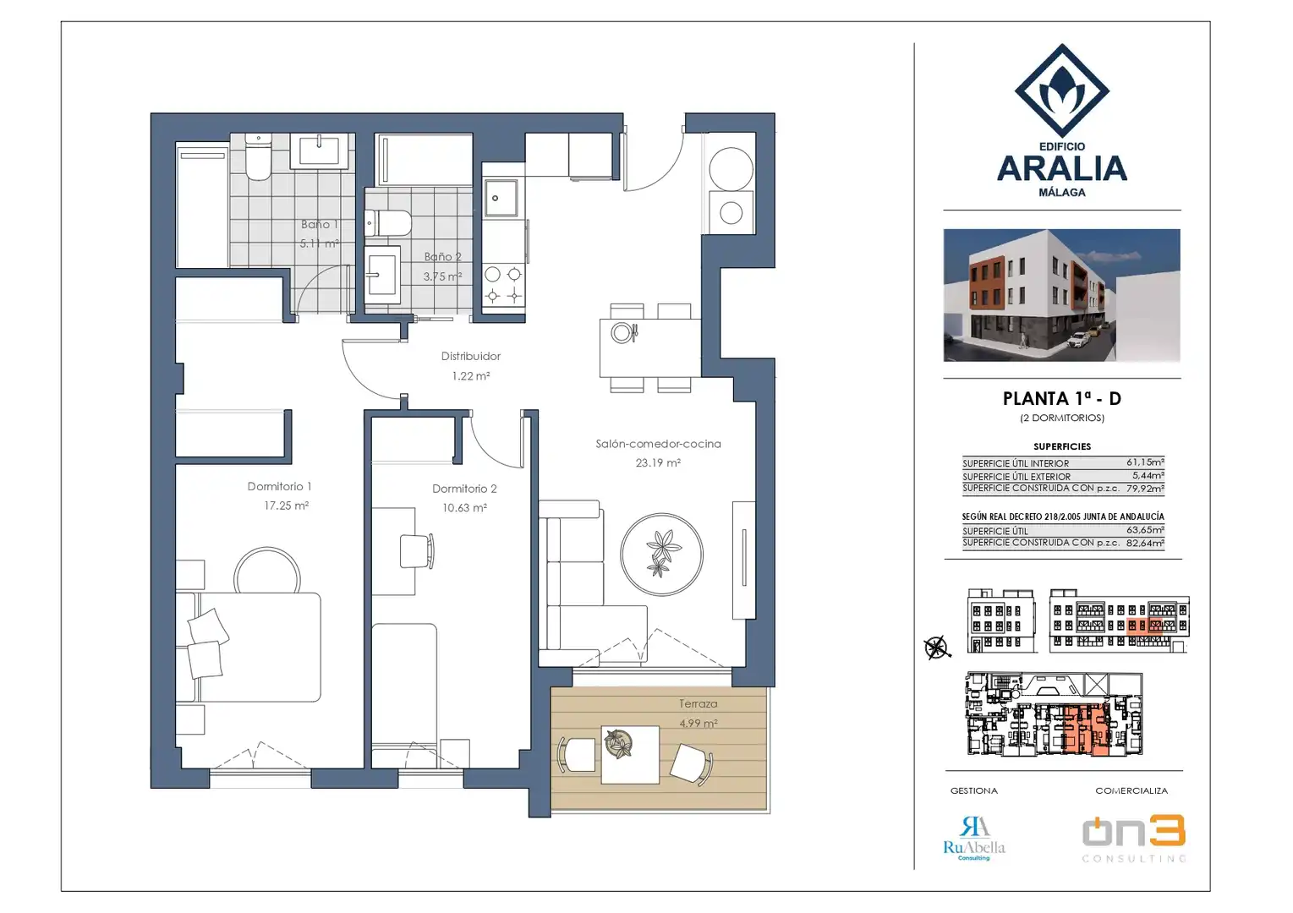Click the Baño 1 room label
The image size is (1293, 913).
click(319, 225)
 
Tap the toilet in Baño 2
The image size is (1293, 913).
click(388, 223)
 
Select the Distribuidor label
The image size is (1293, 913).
click(470, 356)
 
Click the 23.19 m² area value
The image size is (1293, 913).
click(658, 463)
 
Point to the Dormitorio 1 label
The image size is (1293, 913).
click(279, 486)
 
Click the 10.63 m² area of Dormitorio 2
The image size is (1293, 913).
click(464, 508)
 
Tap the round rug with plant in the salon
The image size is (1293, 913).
click(661, 555)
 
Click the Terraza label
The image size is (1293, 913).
click(698, 703)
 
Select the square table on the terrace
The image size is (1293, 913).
click(630, 754)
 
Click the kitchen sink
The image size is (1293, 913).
click(501, 198)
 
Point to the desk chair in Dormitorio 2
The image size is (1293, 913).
click(417, 551)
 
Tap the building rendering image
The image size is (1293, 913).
click(1061, 295)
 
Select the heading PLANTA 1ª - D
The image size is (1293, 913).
click(1061, 398)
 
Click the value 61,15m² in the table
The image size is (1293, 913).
click(1145, 462)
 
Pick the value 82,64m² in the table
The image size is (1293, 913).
click(1145, 543)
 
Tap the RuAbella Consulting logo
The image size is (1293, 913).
click(974, 839)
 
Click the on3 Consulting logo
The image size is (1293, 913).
click(1134, 839)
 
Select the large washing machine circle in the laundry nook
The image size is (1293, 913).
click(731, 169)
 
